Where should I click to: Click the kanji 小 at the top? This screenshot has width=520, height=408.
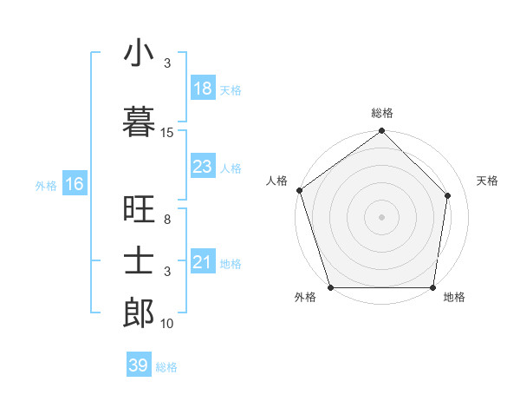point(139,54)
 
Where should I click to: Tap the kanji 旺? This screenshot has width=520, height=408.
point(139,212)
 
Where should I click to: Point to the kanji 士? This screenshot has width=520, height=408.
point(139,260)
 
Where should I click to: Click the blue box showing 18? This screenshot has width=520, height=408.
point(203,89)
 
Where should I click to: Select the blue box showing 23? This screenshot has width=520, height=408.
point(203,167)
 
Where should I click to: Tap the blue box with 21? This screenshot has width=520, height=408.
point(203,262)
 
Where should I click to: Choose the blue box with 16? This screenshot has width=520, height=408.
point(74,184)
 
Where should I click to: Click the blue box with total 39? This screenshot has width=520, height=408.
point(139,365)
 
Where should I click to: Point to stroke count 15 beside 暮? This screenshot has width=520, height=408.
point(167,133)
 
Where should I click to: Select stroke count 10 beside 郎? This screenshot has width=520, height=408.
point(167,324)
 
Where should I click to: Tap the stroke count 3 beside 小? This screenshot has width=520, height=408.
point(167,63)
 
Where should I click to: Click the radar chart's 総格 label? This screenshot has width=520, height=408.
point(382,113)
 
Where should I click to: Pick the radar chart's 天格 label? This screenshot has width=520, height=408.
point(488,181)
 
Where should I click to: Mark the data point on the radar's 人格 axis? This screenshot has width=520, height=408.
point(299,190)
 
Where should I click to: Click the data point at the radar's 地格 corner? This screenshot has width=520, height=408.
point(433,287)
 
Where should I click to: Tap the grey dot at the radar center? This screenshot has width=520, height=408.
point(382,217)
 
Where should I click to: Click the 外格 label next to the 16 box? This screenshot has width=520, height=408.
point(45,185)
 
